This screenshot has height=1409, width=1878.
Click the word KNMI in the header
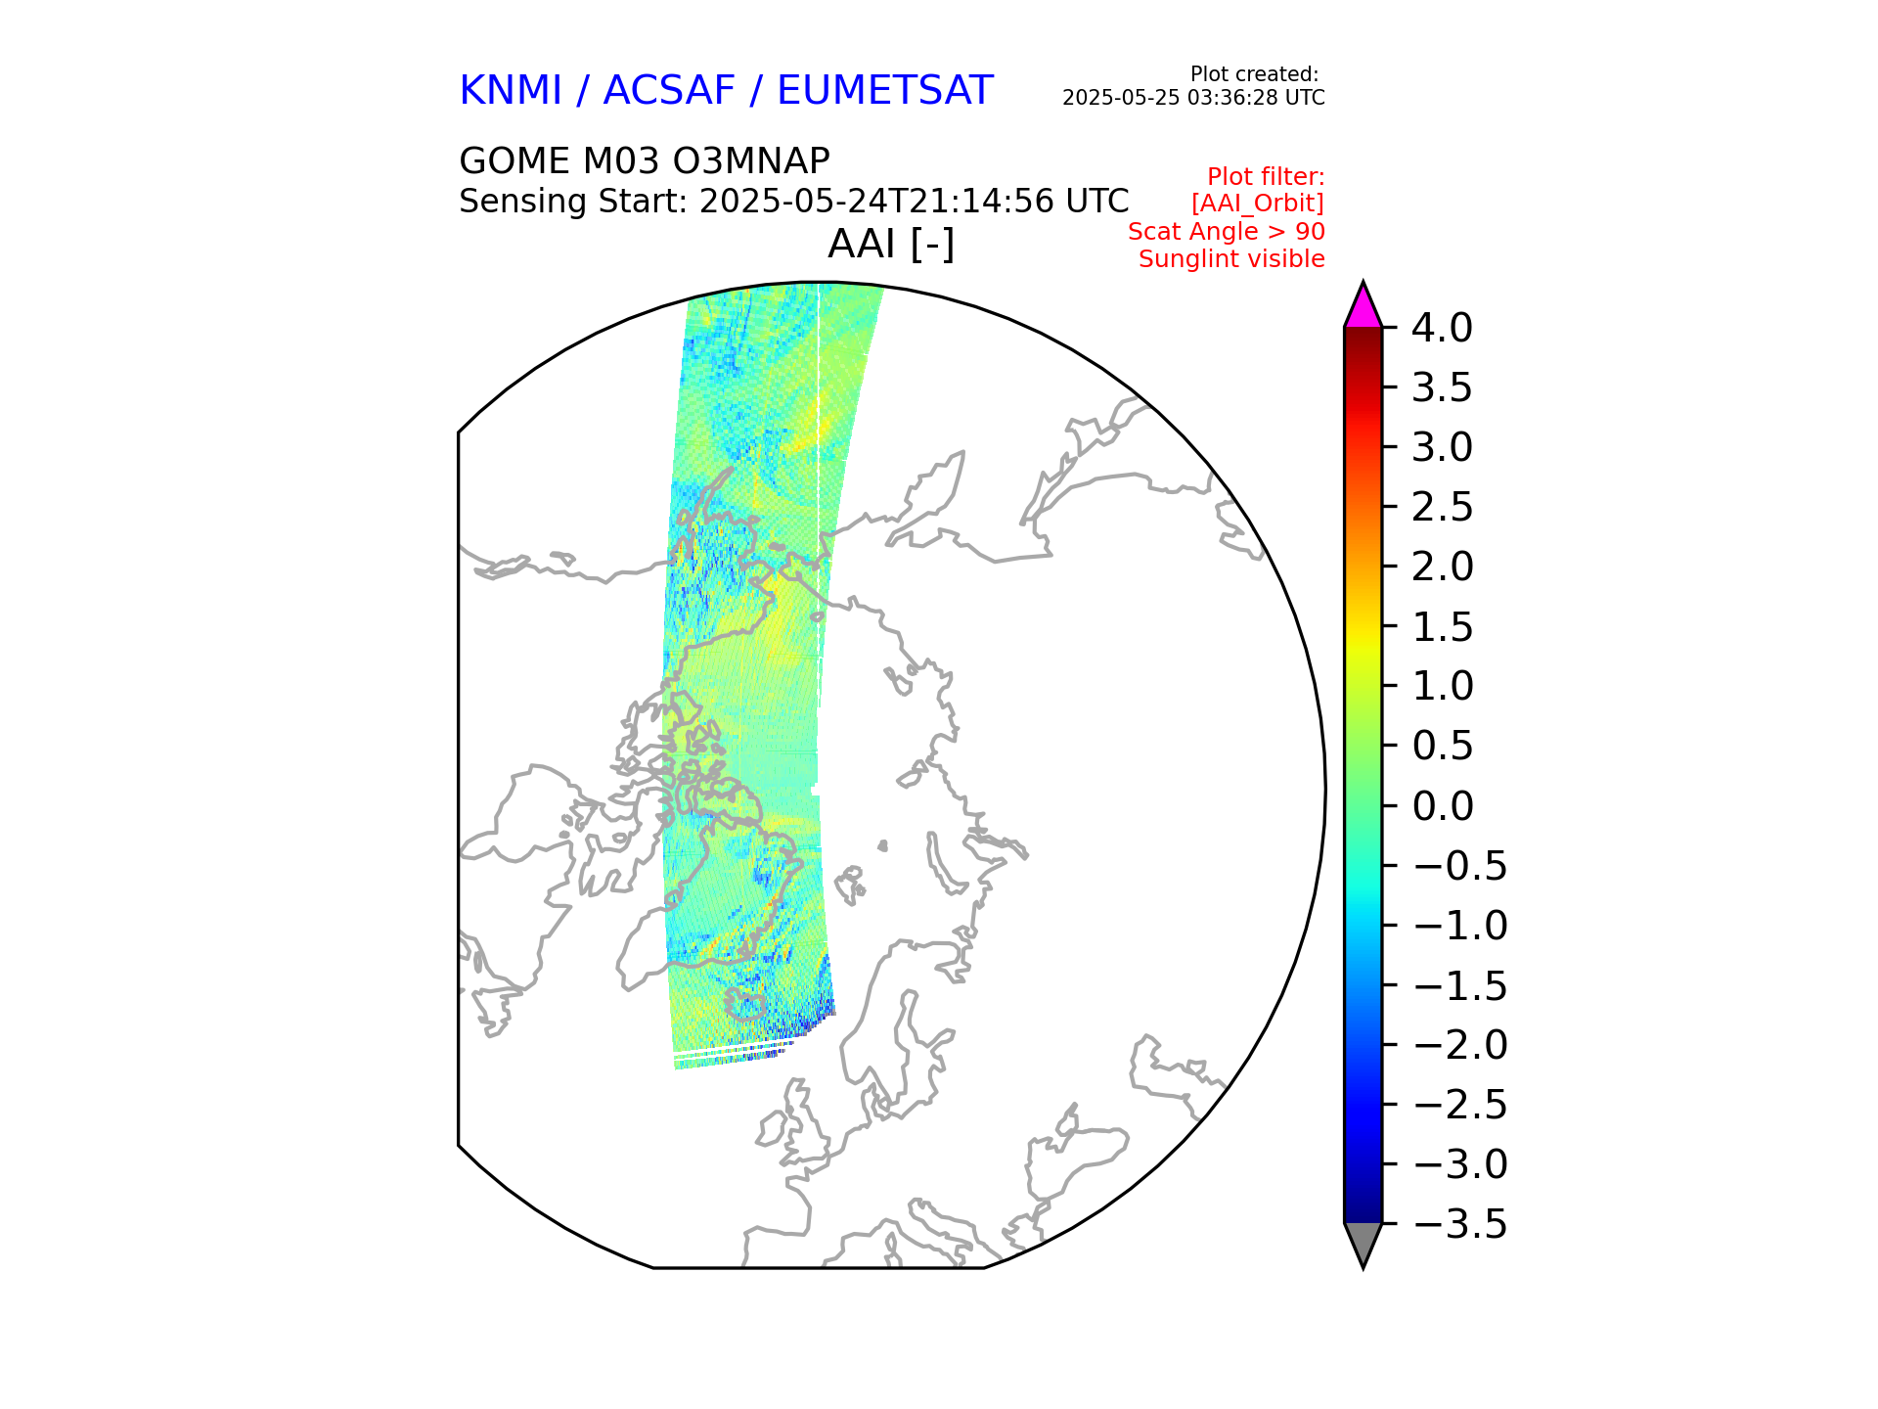511,91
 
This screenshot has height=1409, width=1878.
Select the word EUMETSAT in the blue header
884,91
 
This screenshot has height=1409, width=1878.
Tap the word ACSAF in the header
668,91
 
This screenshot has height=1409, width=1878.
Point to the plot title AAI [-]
890,244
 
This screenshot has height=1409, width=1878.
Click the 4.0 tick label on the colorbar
1441,329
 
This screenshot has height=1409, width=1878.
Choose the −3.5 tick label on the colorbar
1460,1225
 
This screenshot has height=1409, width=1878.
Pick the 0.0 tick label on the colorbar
1442,807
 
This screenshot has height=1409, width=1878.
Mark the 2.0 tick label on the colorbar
1442,568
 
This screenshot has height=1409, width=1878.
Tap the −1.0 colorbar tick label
1460,927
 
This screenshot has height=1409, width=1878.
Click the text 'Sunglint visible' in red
1231,259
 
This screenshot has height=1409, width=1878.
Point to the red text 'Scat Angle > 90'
1226,232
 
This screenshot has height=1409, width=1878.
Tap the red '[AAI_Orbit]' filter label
1257,204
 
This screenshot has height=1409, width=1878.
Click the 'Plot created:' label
1254,74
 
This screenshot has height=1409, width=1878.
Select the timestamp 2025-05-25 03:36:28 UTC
1193,98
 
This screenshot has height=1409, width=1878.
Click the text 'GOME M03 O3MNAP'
644,160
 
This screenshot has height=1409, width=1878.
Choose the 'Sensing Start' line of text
793,202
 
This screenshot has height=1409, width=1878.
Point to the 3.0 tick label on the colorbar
1442,448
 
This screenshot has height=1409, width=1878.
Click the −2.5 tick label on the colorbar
1460,1106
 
